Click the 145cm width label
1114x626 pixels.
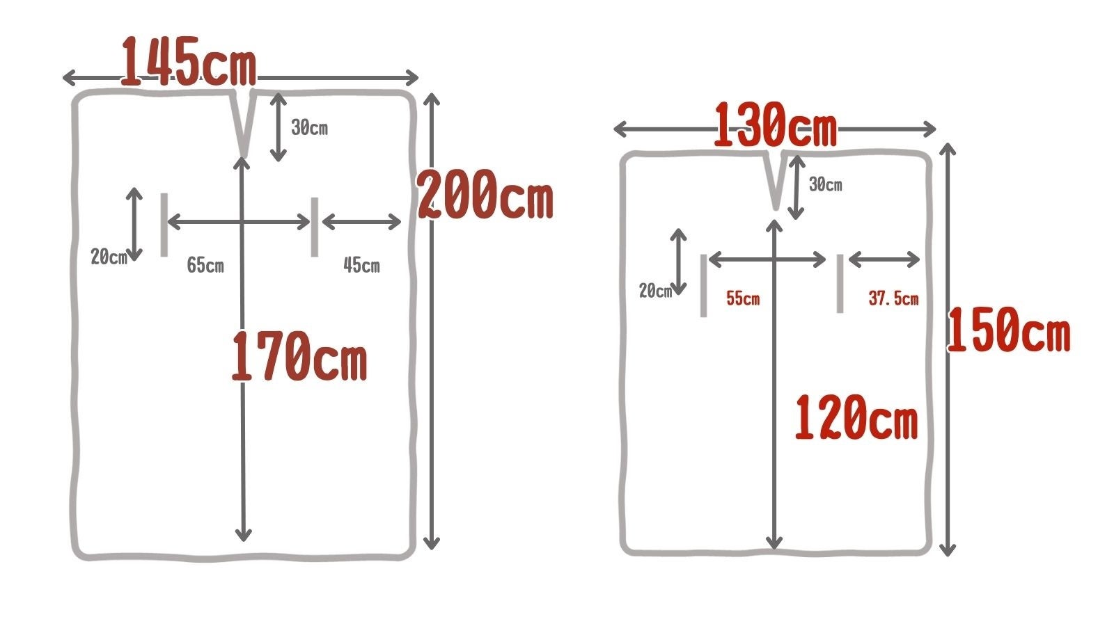click(x=189, y=62)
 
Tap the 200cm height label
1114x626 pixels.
click(x=485, y=194)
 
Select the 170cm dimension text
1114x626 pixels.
click(x=299, y=355)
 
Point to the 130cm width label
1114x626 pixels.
click(x=776, y=125)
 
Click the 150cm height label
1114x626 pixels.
click(x=1009, y=330)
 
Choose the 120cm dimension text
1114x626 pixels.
click(x=856, y=417)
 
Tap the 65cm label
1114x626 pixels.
click(x=205, y=265)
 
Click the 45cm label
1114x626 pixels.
click(x=361, y=265)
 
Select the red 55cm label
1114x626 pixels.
click(x=743, y=298)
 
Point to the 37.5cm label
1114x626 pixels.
click(x=894, y=298)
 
